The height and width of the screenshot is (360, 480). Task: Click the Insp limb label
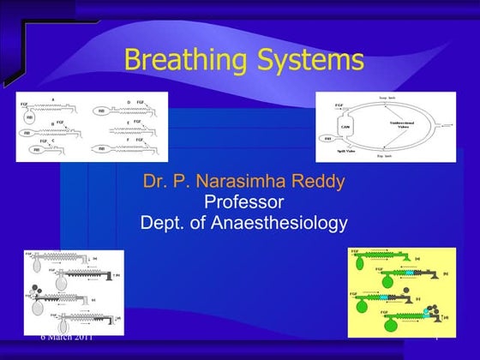pyautogui.click(x=387, y=98)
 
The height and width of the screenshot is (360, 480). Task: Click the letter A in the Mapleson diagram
pyautogui.click(x=53, y=99)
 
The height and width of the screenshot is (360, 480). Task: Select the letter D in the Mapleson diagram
pyautogui.click(x=128, y=100)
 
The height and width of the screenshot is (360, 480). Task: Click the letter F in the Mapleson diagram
pyautogui.click(x=128, y=139)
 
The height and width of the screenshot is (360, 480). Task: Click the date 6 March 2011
pyautogui.click(x=66, y=336)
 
